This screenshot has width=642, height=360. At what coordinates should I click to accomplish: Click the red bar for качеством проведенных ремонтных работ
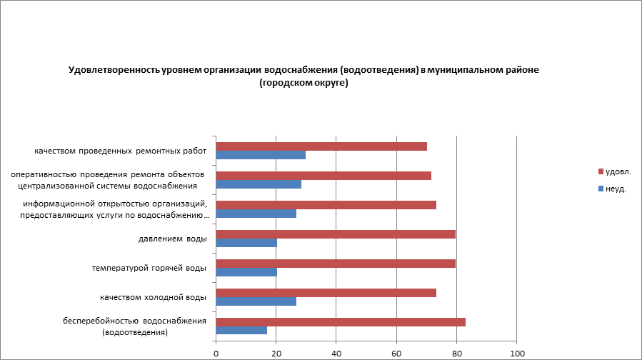pos(321,146)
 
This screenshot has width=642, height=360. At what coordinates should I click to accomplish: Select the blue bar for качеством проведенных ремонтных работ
pos(261,155)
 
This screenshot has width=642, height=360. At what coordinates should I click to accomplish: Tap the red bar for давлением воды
pos(336,234)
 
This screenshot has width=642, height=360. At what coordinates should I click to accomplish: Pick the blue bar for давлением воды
pos(246,243)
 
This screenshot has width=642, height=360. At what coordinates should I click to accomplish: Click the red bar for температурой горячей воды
pos(336,264)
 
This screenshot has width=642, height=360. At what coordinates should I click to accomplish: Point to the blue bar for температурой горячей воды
pos(246,272)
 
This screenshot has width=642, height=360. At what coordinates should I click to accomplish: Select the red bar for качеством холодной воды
pos(326,293)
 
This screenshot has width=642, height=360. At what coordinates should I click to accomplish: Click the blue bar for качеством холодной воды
pos(256,301)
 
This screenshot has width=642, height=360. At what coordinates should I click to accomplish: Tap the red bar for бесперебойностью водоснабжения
pos(341,322)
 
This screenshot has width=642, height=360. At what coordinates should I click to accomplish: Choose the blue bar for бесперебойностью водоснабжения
pos(241,331)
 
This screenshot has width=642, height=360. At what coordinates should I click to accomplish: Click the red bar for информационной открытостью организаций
pos(326,205)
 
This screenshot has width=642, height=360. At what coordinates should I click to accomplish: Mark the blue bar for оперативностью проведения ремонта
pos(259,184)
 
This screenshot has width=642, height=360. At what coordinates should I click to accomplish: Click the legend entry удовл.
pos(618,171)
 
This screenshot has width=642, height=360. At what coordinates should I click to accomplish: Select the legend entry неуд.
pos(616,189)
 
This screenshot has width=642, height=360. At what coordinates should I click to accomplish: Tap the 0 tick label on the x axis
pos(216,353)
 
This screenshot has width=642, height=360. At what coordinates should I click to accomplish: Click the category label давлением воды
pos(172,239)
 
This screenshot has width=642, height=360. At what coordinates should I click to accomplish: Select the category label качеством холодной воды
pos(154,297)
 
